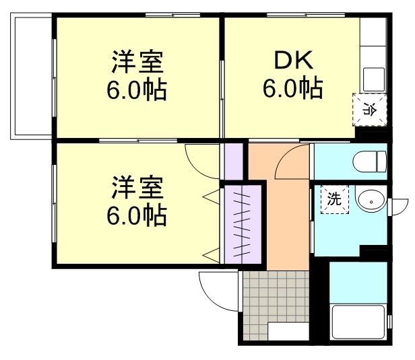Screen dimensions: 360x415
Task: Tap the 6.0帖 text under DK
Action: click(292, 89)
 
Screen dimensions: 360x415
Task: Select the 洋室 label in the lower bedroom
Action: click(137, 187)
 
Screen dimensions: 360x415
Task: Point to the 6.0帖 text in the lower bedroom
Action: click(137, 216)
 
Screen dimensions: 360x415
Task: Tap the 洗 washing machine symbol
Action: click(333, 199)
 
